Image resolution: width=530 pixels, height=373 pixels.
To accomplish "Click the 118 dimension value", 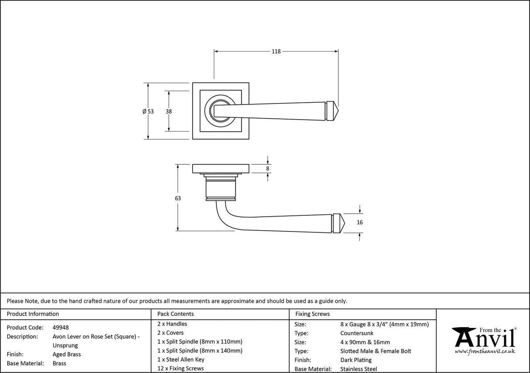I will [x=276, y=51].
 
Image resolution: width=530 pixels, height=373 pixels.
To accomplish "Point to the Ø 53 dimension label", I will [x=148, y=111].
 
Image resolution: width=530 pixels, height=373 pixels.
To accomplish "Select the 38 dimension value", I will [x=169, y=111].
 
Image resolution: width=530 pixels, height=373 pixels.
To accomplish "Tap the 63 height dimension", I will [x=178, y=198].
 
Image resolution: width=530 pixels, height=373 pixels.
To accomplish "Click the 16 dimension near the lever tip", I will [x=359, y=222].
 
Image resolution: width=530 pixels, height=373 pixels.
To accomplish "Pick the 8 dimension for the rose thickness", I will [x=268, y=169].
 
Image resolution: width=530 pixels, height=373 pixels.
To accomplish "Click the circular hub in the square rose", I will [x=217, y=111].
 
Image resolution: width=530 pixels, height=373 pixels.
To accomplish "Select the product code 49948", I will [x=60, y=327].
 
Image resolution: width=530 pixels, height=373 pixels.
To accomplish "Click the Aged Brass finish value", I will [x=66, y=354].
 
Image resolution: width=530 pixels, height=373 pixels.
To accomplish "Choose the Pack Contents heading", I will [x=176, y=314].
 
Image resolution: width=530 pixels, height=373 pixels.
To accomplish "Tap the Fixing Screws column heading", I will [x=313, y=314].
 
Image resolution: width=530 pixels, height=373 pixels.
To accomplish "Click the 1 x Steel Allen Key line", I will [x=181, y=359].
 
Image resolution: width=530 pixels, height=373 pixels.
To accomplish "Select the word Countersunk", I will [x=357, y=333].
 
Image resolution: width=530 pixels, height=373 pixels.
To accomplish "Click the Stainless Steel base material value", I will [x=358, y=369].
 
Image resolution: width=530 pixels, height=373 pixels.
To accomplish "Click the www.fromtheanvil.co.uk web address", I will [x=485, y=351].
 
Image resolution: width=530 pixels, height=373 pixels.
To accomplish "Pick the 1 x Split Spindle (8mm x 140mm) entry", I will [x=200, y=350].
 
